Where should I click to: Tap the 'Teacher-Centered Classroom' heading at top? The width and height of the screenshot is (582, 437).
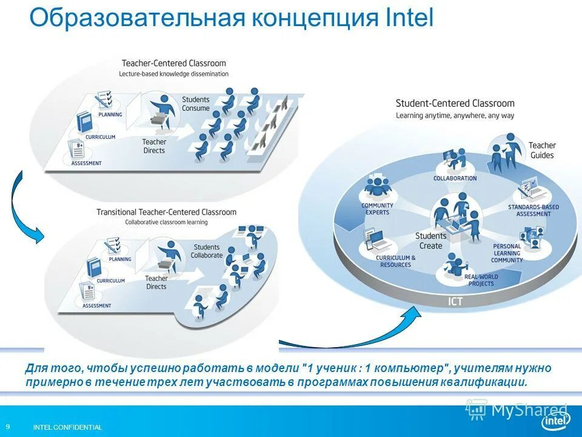tap(173, 63)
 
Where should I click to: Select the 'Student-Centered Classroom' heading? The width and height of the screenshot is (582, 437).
tap(455, 104)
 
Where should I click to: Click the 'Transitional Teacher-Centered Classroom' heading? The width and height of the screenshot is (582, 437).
tap(166, 212)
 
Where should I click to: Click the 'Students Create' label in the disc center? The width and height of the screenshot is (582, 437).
tap(431, 241)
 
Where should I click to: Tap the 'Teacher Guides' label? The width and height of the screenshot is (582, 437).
tap(541, 150)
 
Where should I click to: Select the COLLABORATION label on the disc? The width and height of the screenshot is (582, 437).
tap(455, 178)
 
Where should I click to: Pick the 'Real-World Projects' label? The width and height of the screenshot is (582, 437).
tap(481, 280)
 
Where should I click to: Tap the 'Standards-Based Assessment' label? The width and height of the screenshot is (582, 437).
tap(533, 211)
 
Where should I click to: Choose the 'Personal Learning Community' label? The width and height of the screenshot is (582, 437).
tap(507, 253)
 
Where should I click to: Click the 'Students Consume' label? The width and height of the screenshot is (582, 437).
tap(195, 104)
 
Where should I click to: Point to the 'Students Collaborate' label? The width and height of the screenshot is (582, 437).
tap(207, 251)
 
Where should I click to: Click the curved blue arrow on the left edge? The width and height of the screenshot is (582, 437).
tap(24, 209)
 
